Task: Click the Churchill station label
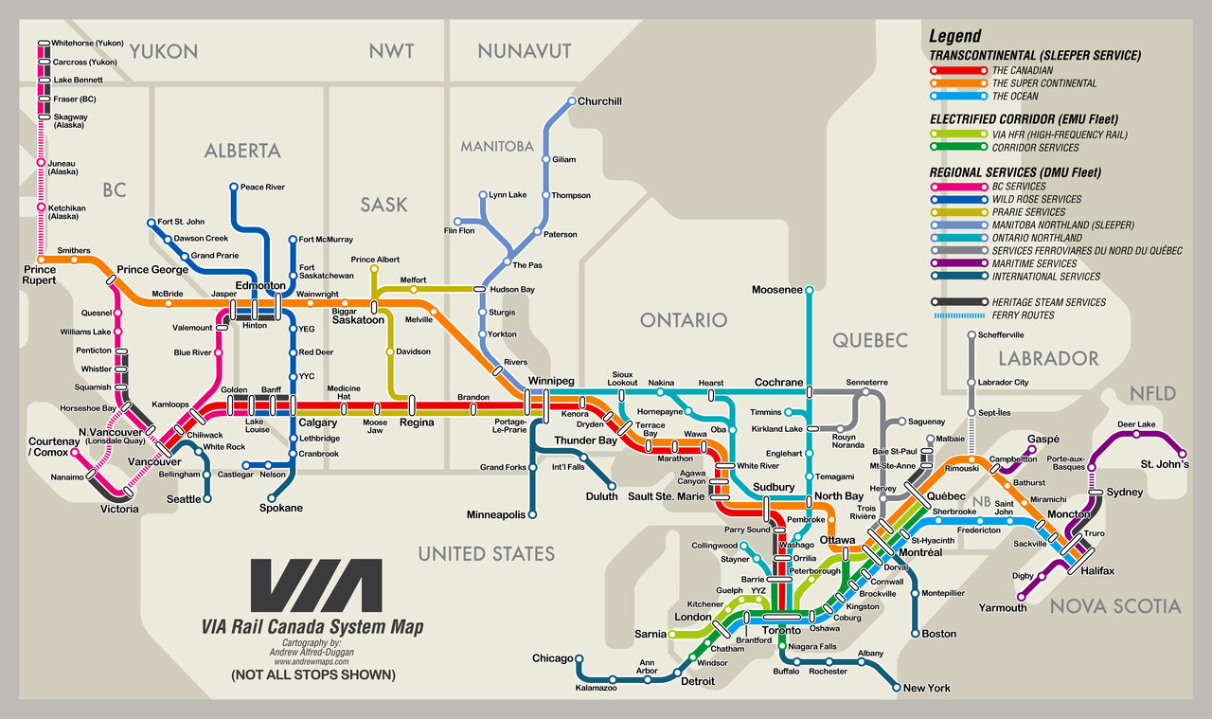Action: click(x=600, y=101)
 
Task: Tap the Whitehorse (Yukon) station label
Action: click(x=88, y=43)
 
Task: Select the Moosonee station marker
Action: click(x=809, y=289)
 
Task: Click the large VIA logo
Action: click(x=316, y=585)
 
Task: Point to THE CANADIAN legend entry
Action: click(x=1022, y=70)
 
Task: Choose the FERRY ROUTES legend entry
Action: click(x=1023, y=315)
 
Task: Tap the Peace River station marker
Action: click(x=234, y=187)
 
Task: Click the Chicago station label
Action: click(x=553, y=658)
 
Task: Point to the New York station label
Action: click(x=927, y=688)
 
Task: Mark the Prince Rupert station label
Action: click(x=40, y=275)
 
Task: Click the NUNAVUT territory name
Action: click(x=525, y=50)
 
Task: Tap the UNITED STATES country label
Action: click(x=487, y=553)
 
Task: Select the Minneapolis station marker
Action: click(x=532, y=514)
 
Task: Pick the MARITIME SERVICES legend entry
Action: click(x=1034, y=263)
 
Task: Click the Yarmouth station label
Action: click(x=1003, y=607)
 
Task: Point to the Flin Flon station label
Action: click(x=459, y=230)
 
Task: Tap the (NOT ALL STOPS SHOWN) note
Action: click(x=312, y=675)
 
